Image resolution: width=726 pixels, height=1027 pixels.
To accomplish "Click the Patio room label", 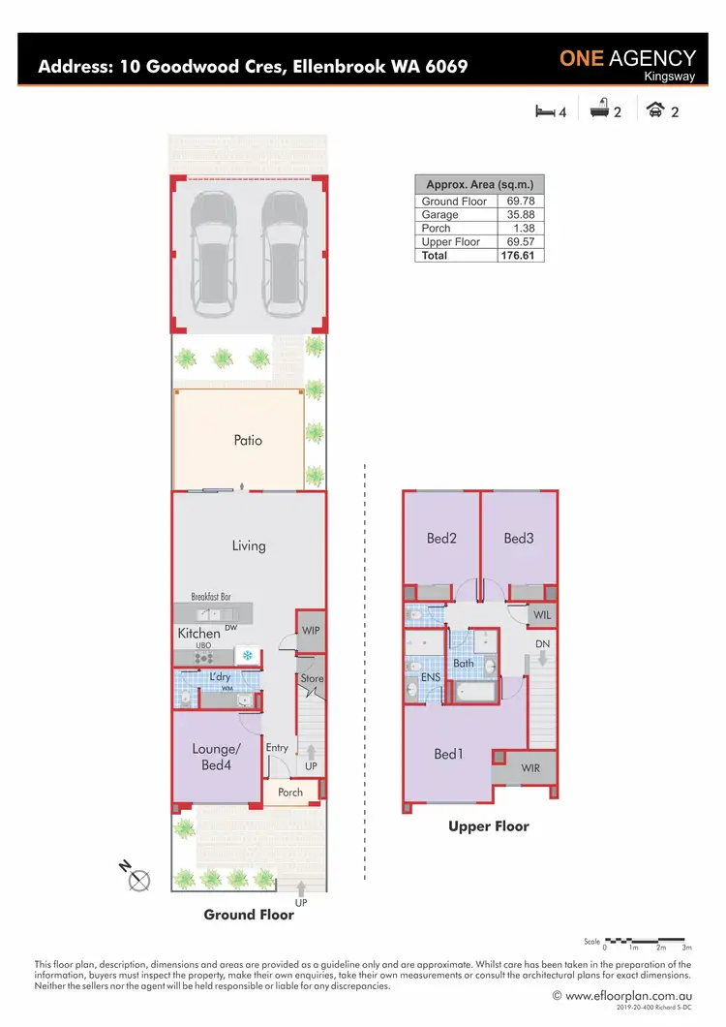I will point(248,440).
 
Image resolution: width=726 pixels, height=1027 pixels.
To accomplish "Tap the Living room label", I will point(248,545).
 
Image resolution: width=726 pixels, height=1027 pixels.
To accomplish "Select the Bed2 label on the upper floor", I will point(441,539).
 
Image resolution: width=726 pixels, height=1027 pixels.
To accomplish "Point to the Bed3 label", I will point(518,539).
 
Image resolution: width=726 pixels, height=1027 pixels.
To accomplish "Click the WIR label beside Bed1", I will point(529,768).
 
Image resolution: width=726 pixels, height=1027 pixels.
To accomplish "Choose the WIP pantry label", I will point(311,631).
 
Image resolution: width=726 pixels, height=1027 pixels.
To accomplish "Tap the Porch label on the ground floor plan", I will point(290,792).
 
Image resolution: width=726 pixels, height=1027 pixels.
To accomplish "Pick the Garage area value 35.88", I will point(521,215).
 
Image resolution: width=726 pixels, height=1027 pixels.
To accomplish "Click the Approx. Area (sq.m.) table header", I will point(479,184).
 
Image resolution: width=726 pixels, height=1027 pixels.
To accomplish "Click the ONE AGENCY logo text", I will point(627,58).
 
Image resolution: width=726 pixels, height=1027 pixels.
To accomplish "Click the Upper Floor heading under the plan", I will point(488,826).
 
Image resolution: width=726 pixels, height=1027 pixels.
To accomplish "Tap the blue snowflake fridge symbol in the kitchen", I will point(248,656).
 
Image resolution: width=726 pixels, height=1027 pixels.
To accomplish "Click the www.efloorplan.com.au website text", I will point(628,995).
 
